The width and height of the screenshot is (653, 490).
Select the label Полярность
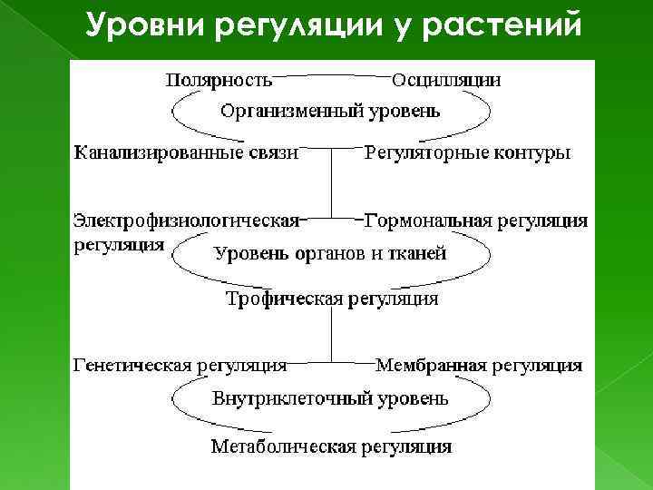tap(219, 79)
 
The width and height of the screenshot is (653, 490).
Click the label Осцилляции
tap(446, 79)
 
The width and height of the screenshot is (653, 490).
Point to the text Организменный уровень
tap(331, 112)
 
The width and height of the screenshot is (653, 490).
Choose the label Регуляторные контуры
tap(467, 152)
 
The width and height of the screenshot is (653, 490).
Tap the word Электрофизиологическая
tap(186, 220)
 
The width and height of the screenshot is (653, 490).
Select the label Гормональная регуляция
tap(475, 220)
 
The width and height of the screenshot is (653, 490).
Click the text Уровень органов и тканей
tap(330, 253)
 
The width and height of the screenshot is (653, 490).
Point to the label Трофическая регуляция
tap(331, 298)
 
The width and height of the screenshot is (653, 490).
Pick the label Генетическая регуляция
tap(180, 366)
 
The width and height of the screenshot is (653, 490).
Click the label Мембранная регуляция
tap(479, 366)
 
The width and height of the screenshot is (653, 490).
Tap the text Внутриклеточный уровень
tap(330, 397)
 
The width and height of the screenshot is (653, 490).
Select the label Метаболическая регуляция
tap(331, 446)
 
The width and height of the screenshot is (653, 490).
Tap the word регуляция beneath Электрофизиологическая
tap(119, 244)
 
